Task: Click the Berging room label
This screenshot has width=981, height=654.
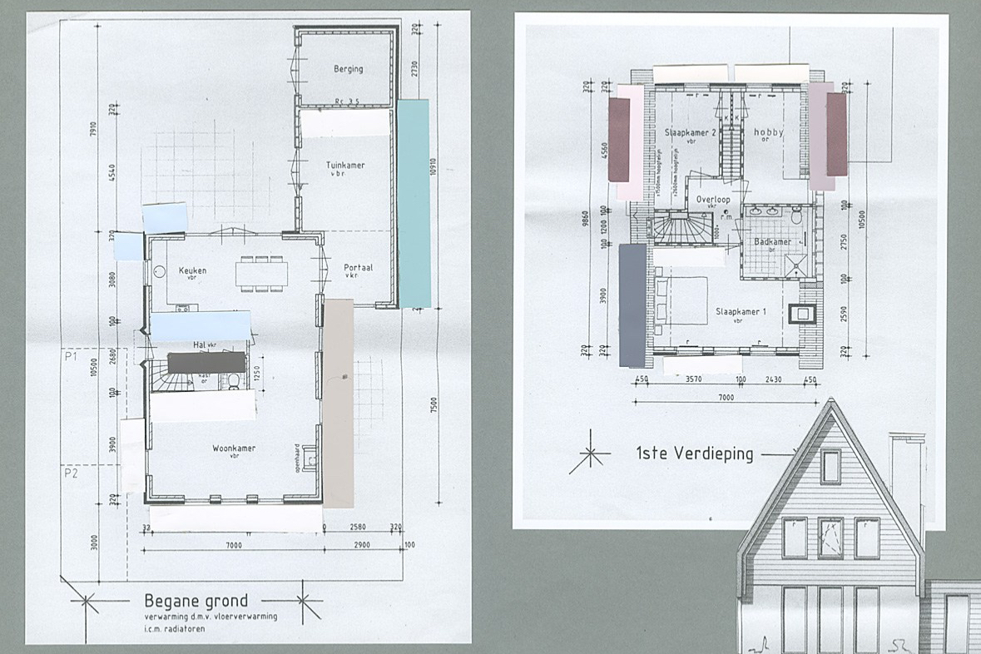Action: (348, 69)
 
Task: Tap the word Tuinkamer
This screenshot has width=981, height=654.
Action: (345, 166)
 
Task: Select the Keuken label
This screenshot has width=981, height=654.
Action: (192, 270)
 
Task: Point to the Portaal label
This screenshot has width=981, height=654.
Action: (359, 268)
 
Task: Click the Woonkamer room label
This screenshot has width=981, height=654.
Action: (234, 448)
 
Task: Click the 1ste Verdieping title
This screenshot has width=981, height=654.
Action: (695, 454)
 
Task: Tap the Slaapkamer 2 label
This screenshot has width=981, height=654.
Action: (691, 133)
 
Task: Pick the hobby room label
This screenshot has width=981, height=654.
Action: (768, 133)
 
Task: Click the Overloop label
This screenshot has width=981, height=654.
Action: (713, 200)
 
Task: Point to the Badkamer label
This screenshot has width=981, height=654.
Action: (771, 242)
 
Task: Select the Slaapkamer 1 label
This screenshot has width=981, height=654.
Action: (740, 313)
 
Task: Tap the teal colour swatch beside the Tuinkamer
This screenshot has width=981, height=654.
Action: (413, 203)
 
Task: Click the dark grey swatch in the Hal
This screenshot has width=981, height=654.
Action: (206, 362)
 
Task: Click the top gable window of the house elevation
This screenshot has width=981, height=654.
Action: (830, 467)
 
